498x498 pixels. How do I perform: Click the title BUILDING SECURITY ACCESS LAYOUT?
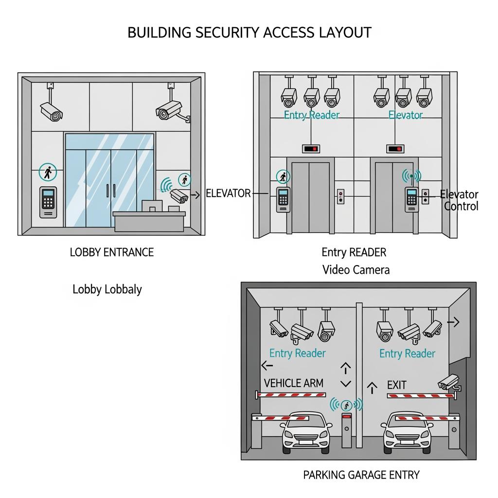[249, 33]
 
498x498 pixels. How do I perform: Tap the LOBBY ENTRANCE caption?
[112, 252]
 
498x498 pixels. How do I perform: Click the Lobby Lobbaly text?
[107, 289]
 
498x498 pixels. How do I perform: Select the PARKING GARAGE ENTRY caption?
[361, 475]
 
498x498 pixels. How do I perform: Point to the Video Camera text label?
[356, 269]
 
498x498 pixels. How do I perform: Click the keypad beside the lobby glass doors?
[48, 202]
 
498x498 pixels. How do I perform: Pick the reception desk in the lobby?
[149, 220]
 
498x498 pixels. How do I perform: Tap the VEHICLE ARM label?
[293, 383]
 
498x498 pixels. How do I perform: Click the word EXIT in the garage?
[396, 385]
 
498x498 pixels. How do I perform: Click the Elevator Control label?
[460, 200]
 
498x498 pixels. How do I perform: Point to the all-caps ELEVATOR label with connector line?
[228, 193]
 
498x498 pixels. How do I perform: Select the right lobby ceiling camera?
[171, 110]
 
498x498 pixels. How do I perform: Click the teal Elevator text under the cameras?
[406, 115]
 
